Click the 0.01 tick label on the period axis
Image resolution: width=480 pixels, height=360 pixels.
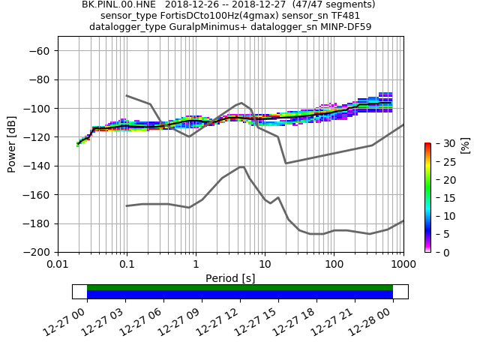[58, 265]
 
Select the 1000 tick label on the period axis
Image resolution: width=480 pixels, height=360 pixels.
[403, 265]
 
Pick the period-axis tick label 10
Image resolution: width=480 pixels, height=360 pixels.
[265, 265]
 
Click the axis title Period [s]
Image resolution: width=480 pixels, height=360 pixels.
[230, 278]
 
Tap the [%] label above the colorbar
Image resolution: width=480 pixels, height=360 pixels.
[465, 145]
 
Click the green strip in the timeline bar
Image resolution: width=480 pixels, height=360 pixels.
[240, 287]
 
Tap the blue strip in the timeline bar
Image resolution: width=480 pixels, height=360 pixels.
[240, 295]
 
